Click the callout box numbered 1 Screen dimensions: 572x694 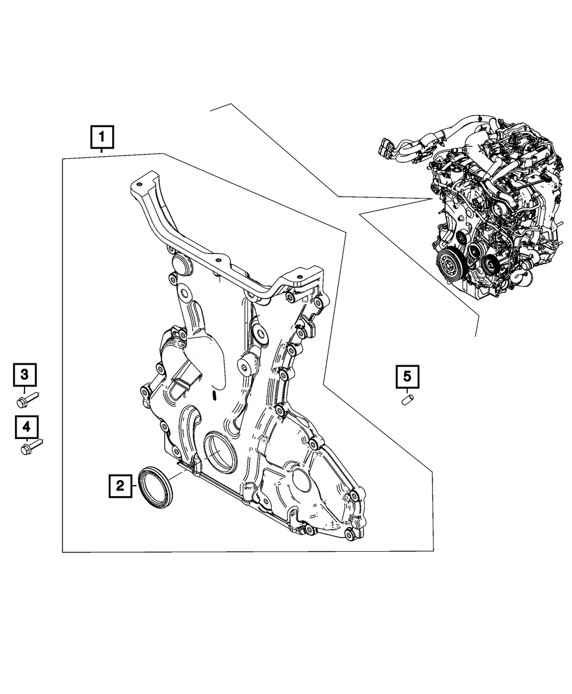(102, 137)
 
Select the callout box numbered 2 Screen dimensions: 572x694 (120, 486)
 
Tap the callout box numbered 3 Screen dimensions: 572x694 (25, 375)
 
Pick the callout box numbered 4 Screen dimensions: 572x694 (27, 427)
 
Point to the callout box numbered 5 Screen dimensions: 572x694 (407, 377)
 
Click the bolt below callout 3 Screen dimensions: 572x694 (28, 400)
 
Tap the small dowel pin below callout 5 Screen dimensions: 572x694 (407, 400)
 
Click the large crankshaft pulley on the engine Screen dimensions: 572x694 (449, 266)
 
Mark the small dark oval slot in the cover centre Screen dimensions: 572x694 (215, 397)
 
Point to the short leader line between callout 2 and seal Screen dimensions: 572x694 (134, 486)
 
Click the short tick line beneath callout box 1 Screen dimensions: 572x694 (102, 150)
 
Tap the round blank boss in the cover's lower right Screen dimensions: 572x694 (302, 480)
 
